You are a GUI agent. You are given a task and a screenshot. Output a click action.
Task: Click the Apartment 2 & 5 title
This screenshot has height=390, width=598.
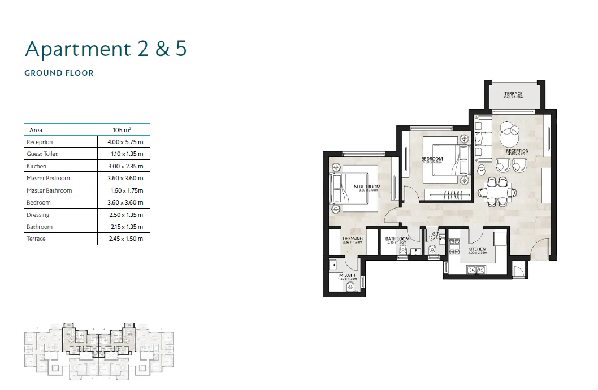(106, 49)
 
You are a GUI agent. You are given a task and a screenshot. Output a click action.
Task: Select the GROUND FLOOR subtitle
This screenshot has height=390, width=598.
(59, 73)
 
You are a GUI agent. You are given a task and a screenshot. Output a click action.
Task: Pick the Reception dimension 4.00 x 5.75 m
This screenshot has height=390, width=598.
(125, 142)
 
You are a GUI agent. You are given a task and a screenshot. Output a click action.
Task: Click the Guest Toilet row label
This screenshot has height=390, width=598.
(42, 154)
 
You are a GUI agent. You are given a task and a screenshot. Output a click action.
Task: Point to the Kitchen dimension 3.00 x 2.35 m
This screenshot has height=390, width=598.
(125, 166)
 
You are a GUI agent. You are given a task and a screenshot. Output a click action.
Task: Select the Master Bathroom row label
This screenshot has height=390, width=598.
(49, 190)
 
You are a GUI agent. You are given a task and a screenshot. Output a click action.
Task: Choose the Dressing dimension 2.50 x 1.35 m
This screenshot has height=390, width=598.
(125, 215)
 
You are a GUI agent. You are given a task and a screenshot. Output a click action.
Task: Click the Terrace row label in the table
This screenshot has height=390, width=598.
(36, 239)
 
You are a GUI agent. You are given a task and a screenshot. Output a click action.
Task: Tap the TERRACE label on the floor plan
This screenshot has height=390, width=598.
(513, 94)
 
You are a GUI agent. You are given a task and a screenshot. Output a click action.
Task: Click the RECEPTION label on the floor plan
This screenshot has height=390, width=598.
(517, 151)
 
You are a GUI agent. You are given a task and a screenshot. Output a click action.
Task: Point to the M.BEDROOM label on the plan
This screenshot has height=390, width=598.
(367, 187)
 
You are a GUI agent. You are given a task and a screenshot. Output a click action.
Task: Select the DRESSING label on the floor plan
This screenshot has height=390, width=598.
(353, 239)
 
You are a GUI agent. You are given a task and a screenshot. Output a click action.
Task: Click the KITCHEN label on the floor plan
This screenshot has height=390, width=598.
(476, 249)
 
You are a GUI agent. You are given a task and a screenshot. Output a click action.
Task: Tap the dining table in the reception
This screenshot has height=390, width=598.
(497, 190)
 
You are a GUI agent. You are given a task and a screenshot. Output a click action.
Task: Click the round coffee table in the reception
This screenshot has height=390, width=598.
(508, 134)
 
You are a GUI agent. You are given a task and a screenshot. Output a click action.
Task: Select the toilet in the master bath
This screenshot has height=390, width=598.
(351, 287)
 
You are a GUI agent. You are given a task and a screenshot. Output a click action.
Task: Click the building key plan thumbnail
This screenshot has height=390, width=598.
(100, 350)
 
